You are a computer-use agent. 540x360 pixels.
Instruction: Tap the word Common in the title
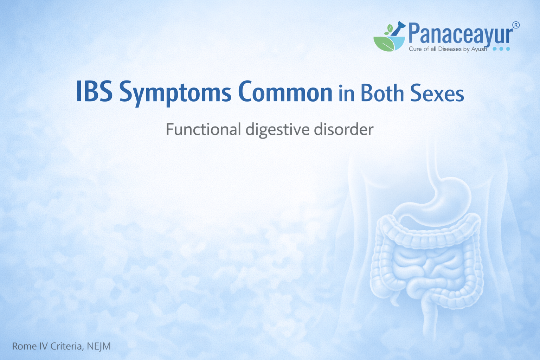pos(285,92)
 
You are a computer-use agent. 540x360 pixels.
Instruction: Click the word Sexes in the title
pos(437,94)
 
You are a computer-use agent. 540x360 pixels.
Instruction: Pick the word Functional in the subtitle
pos(203,129)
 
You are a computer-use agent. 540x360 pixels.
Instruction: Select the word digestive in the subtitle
pos(277,130)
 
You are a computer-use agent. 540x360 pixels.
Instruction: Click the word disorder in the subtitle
pos(343,129)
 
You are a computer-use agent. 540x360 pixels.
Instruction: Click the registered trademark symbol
pos(516,25)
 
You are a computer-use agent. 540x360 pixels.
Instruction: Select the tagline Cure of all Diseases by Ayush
pos(448,49)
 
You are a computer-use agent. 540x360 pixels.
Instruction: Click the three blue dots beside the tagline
pos(501,49)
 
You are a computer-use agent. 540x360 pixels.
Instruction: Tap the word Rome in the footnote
pos(24,346)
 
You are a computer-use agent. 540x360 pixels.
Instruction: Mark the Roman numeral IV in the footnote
pos(44,346)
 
